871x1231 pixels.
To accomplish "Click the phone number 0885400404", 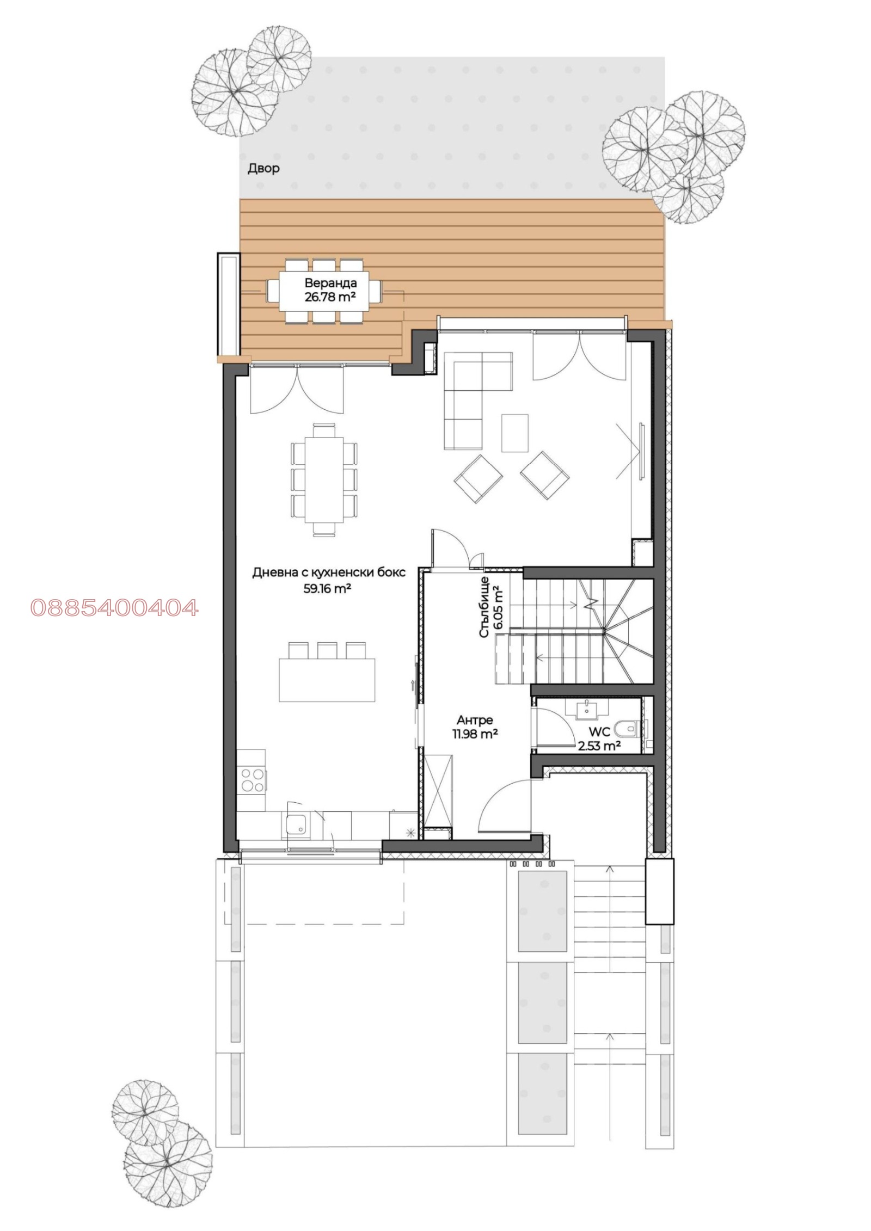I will [x=114, y=607].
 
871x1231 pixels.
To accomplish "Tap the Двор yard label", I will [x=263, y=168].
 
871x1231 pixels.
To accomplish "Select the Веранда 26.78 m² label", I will [x=330, y=290].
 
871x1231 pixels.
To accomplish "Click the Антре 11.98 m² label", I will [x=475, y=727].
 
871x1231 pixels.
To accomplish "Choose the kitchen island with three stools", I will [x=327, y=679].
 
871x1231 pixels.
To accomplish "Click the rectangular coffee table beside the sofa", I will [x=514, y=433].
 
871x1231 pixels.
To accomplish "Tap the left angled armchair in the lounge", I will [x=478, y=477].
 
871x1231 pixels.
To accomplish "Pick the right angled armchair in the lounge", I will [x=544, y=475].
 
